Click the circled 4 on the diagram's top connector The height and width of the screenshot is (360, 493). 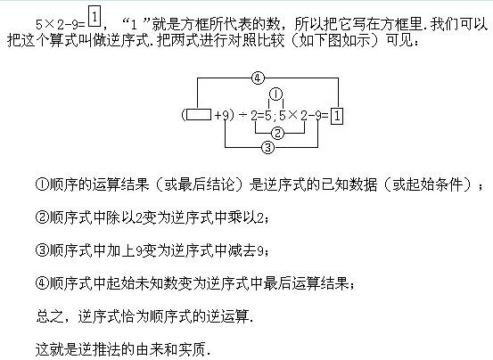click(258, 78)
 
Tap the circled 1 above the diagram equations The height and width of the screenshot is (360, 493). click(276, 94)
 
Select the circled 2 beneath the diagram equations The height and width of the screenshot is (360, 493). click(277, 133)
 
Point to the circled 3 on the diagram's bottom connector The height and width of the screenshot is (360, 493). click(267, 147)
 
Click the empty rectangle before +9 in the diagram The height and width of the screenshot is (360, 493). click(199, 115)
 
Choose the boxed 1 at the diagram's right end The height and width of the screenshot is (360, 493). click(337, 116)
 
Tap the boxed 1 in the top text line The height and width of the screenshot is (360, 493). click(94, 18)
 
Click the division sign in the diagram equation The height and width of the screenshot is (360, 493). click(242, 116)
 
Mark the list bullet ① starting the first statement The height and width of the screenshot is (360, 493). click(42, 184)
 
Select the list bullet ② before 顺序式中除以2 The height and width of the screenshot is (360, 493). click(42, 217)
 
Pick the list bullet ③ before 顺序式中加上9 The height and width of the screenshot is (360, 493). click(42, 250)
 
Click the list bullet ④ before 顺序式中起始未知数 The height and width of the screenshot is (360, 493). click(42, 283)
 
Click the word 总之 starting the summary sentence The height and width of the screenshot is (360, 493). click(50, 316)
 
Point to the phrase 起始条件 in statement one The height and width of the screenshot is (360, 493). click(434, 184)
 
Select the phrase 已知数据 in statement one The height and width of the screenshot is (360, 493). click(349, 184)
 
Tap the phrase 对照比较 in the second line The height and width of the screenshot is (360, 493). click(256, 40)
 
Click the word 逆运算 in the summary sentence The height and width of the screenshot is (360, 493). click(227, 316)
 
